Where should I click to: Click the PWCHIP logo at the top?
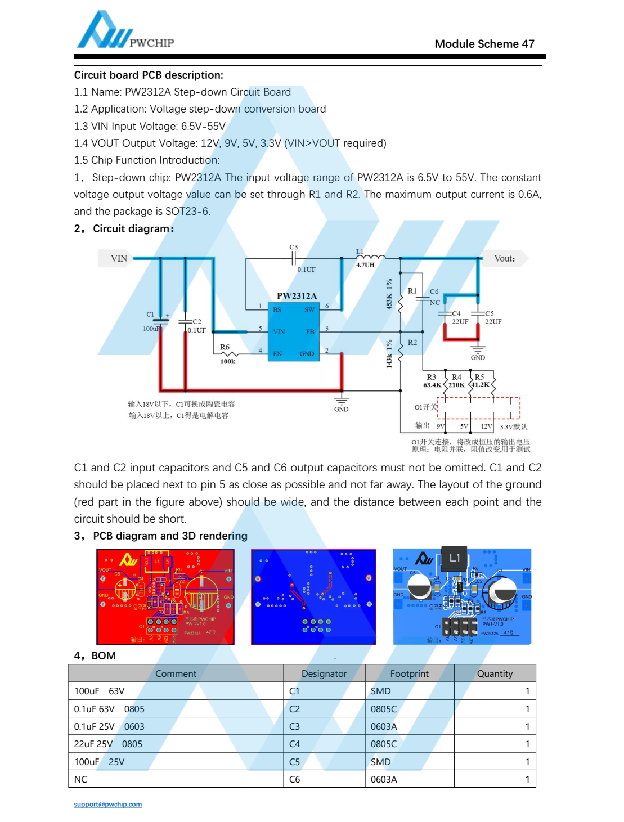(125, 31)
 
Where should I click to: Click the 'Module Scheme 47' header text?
(484, 44)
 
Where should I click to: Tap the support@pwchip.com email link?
(107, 804)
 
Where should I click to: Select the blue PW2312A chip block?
(293, 331)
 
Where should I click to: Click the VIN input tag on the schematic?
(119, 258)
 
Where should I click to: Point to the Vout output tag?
(504, 258)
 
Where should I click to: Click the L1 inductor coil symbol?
(371, 257)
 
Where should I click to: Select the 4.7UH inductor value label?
(365, 265)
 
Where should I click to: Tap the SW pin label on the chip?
(309, 309)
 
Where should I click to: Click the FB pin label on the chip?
(310, 332)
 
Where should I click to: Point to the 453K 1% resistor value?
(389, 294)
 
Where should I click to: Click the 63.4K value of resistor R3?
(432, 385)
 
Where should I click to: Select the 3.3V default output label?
(513, 426)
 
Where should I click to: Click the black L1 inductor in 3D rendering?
(454, 558)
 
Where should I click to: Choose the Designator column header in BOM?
(324, 673)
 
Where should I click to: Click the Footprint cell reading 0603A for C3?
(384, 726)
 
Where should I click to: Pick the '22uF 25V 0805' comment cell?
(108, 744)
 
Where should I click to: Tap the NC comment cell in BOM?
(80, 779)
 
